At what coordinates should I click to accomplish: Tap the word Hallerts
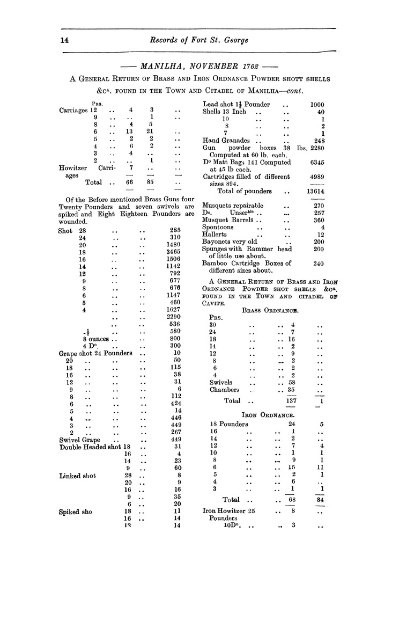click(215, 235)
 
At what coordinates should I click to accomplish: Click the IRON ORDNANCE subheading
click(270, 415)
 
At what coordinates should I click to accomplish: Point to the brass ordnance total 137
click(292, 400)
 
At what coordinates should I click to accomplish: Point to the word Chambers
click(224, 390)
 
